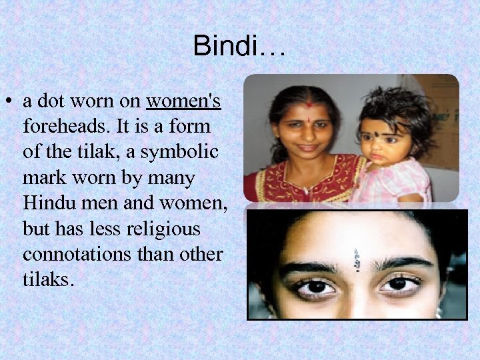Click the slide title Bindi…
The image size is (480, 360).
pyautogui.click(x=239, y=46)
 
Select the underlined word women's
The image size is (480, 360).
pyautogui.click(x=183, y=102)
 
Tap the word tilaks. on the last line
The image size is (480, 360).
pyautogui.click(x=47, y=279)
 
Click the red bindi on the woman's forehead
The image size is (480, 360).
pyautogui.click(x=309, y=105)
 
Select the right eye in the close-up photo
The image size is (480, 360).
pyautogui.click(x=399, y=284)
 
